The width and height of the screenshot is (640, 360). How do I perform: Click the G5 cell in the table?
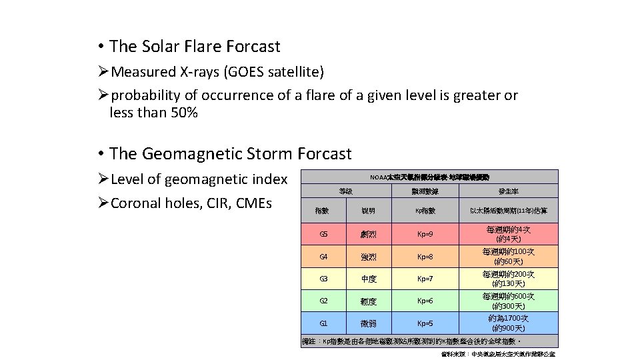[x=323, y=234]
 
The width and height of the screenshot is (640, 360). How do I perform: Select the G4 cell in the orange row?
[x=323, y=256]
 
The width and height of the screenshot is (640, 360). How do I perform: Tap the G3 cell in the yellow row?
[x=323, y=279]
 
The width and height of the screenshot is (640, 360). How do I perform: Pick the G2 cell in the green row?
[x=323, y=301]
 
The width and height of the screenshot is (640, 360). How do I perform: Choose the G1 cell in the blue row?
[x=323, y=323]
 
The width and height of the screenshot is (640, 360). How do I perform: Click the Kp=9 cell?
[x=425, y=234]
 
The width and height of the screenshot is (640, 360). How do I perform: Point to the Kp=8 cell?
[x=425, y=256]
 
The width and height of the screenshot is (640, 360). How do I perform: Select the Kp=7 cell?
[x=425, y=279]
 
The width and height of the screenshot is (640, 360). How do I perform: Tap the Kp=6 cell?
[x=425, y=301]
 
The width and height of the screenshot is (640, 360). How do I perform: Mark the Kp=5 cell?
[x=425, y=323]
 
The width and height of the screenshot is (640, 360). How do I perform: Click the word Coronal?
[x=135, y=203]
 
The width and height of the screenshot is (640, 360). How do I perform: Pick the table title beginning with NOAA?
[x=429, y=177]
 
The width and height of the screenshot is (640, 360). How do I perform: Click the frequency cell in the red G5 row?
[x=508, y=234]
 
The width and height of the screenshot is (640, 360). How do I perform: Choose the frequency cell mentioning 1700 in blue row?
[x=508, y=323]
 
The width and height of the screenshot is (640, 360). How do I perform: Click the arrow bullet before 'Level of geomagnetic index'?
[x=103, y=179]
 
